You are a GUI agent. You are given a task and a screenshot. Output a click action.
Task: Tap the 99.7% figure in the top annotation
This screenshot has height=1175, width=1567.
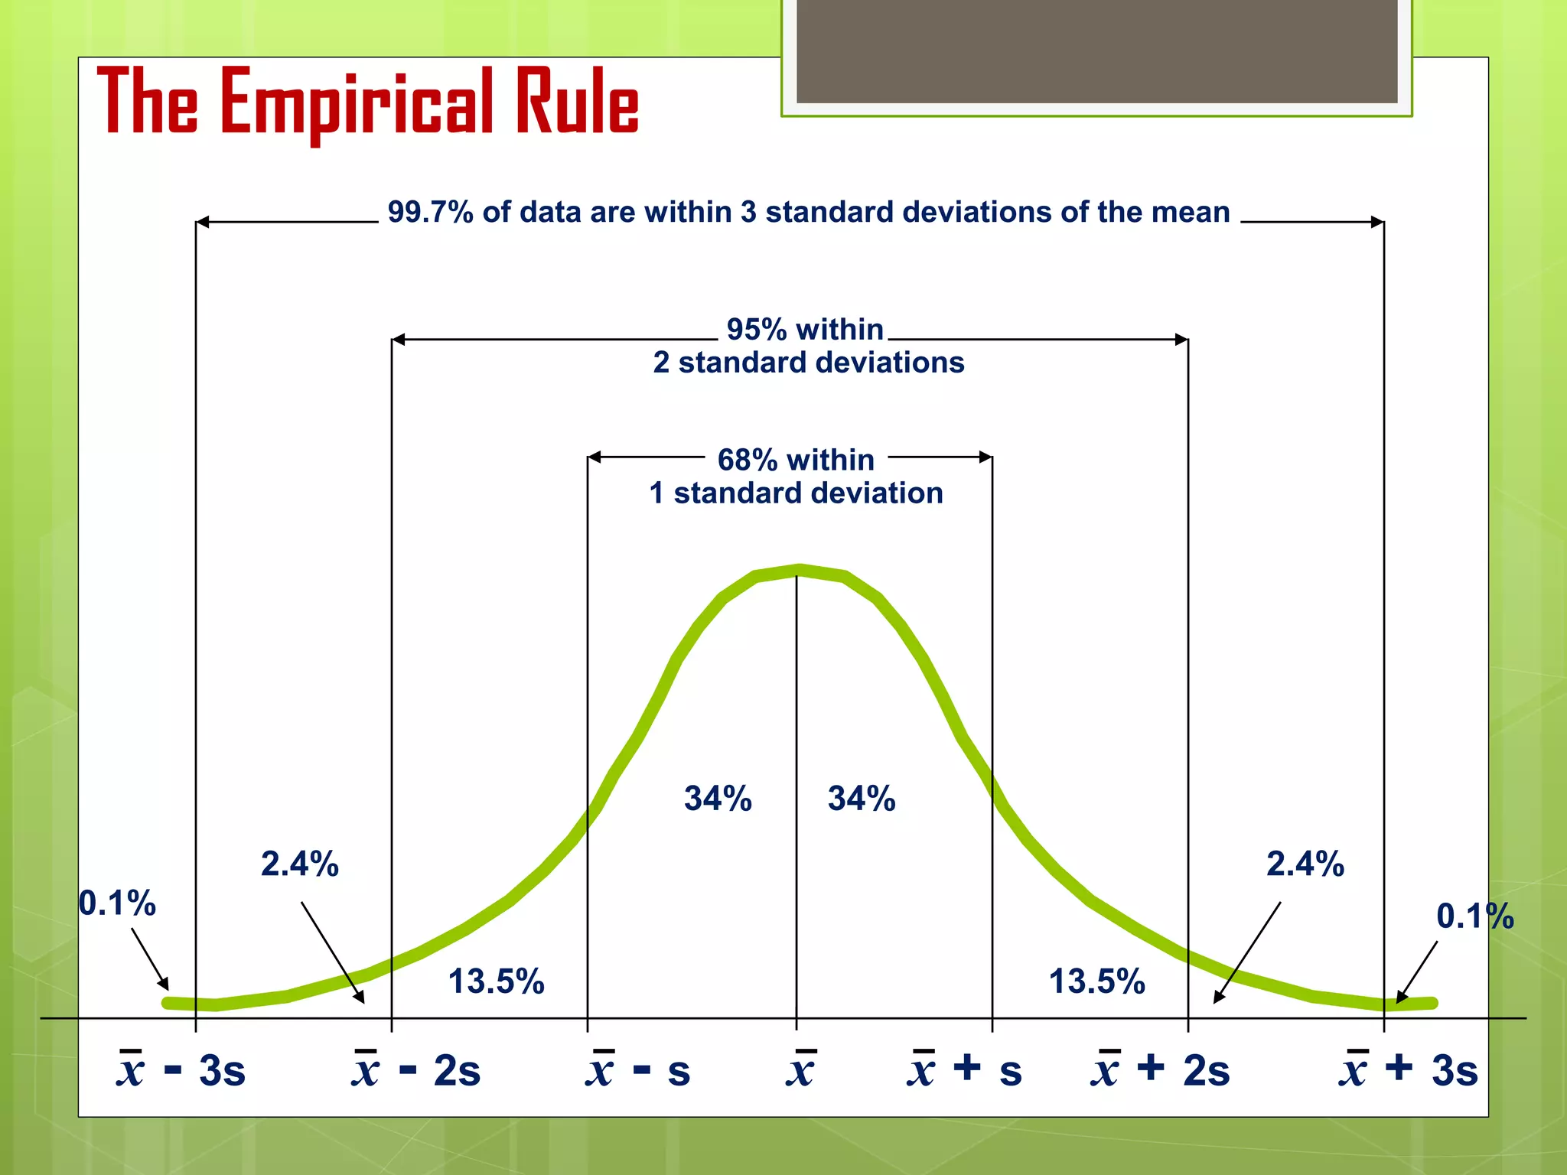coord(430,212)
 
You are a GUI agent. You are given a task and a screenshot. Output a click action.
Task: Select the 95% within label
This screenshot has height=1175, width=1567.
coord(805,330)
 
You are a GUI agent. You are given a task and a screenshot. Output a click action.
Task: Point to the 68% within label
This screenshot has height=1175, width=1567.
coord(796,460)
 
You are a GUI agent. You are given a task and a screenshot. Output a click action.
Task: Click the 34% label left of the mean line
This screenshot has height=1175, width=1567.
coord(718,799)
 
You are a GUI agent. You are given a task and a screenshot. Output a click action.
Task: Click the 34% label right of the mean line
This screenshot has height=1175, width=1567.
coord(862,799)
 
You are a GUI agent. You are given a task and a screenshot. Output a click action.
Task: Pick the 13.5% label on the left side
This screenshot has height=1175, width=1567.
coord(496,981)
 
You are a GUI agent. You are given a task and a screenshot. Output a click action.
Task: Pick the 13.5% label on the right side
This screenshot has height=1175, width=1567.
coord(1096,981)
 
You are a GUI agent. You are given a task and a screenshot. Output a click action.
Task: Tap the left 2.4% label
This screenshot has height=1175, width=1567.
coord(299,864)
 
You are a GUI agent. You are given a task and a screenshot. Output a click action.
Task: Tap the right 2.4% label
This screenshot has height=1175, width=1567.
coord(1305,864)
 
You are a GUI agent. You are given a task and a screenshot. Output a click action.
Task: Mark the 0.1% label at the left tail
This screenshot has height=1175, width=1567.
coord(117,903)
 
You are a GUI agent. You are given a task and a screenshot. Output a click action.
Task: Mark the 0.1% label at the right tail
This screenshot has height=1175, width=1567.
coord(1474,916)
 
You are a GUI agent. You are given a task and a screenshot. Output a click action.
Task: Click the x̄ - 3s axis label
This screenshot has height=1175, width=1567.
coord(181,1069)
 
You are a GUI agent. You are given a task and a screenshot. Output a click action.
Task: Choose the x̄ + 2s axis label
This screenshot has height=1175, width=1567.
coord(1160,1069)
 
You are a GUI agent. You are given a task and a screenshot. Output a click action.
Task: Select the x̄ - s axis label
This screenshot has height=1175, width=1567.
coord(638,1069)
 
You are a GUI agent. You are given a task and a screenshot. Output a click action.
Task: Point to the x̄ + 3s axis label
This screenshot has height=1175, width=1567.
coord(1409,1069)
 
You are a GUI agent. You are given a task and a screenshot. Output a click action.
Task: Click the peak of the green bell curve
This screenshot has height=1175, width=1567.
coord(799,571)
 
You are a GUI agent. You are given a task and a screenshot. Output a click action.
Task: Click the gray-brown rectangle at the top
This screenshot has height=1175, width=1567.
coord(1096,50)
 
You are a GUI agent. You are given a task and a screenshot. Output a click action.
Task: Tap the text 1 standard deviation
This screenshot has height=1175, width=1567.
coord(796,493)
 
